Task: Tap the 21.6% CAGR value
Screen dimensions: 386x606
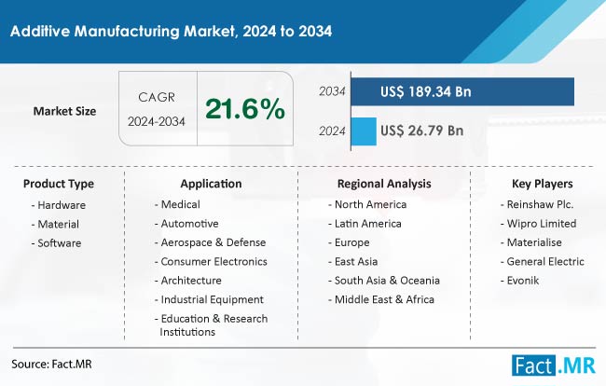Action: (245, 110)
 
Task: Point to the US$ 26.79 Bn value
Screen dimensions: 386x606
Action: (422, 131)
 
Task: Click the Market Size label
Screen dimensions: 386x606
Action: (64, 111)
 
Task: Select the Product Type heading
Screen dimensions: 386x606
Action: (59, 184)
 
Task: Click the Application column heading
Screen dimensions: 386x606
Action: (212, 184)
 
